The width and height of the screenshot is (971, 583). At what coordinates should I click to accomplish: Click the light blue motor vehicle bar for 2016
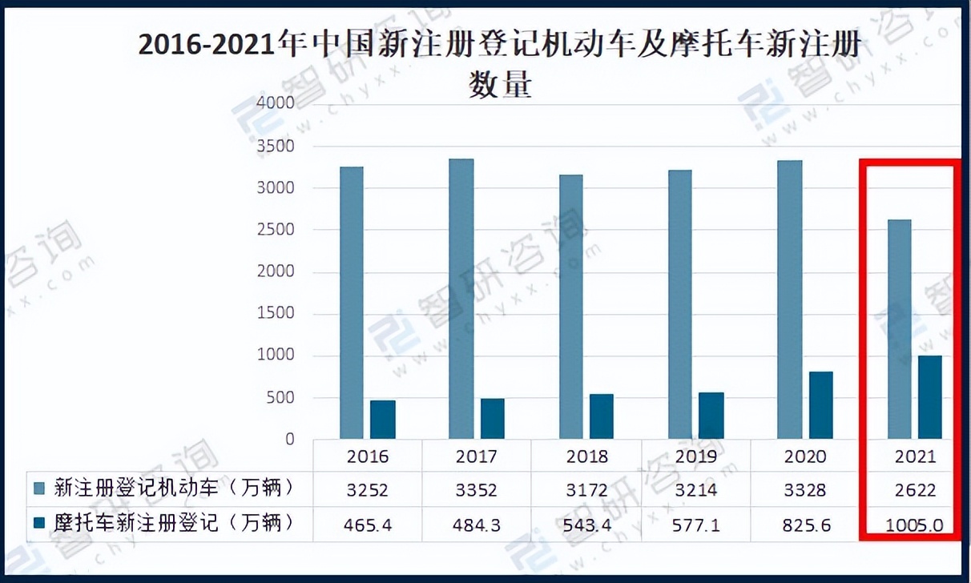coord(351,303)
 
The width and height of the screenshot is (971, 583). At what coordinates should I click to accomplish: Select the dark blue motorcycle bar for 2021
coord(929,397)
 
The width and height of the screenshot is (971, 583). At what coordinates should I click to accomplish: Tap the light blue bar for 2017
coord(461,299)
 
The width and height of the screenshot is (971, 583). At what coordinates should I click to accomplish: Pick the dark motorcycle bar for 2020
coord(820,405)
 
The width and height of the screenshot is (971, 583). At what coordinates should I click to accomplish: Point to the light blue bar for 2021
coord(899,329)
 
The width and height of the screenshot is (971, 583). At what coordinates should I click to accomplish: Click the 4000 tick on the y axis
coord(276,103)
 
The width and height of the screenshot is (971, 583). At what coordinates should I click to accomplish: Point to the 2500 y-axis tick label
coord(276,230)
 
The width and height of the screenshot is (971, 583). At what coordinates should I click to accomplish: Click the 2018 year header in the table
coord(586,456)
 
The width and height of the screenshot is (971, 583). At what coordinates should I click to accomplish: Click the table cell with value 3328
coord(805,489)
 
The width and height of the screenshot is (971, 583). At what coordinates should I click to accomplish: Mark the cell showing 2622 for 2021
coord(915,489)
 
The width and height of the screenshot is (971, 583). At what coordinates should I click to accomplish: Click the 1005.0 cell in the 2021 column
coord(915,525)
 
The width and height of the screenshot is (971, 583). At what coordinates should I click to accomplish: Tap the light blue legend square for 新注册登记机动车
coord(39,488)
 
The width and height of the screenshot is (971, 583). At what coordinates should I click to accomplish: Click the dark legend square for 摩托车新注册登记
coord(39,523)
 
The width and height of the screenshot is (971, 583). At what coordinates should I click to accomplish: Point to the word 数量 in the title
coord(500,84)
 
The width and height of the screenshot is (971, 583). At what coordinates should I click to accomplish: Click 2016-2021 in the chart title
coord(212,45)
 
